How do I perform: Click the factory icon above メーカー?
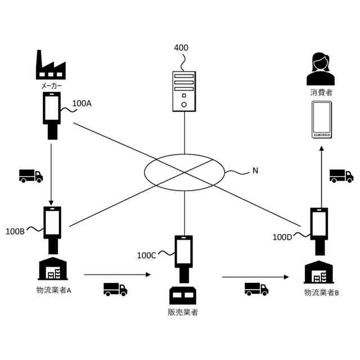coord(51,66)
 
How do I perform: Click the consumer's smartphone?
coord(321,120)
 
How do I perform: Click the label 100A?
coord(82,103)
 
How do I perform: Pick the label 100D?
coord(282,237)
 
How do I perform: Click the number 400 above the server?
coord(181,48)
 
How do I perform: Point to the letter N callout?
coord(255,170)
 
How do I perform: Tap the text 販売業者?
coord(183,312)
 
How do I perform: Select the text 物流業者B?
coord(322,292)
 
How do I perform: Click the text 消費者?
coord(321,92)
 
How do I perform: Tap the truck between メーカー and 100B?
coord(31,176)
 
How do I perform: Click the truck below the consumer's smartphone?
coord(341,176)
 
